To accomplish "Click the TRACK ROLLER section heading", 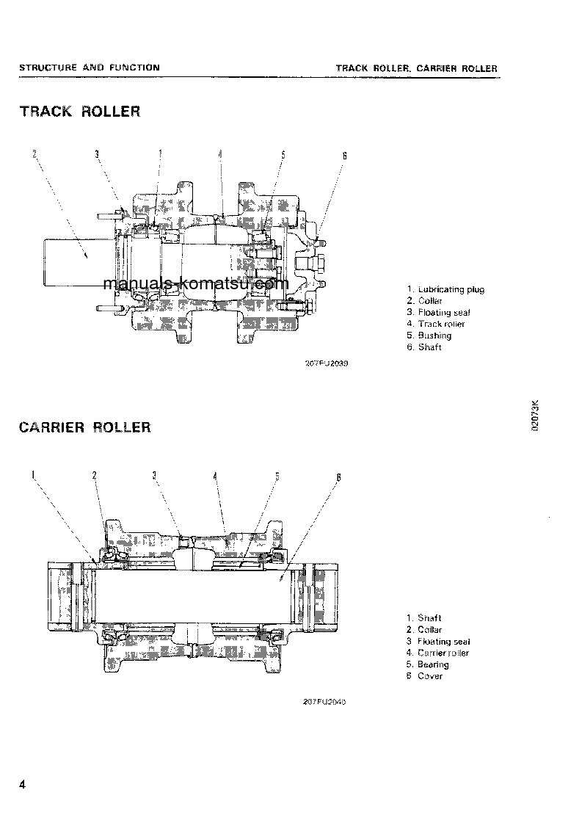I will tap(79, 112).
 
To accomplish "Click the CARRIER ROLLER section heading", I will tap(84, 427).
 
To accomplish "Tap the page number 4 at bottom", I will tap(23, 786).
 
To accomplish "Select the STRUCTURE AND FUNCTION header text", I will tap(89, 68).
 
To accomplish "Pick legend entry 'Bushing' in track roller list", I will tap(434, 336).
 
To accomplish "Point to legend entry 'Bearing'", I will tap(432, 664).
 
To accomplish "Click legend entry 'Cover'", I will tap(429, 676).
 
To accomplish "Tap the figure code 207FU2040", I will tap(323, 702).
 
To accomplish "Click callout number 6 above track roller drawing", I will tap(344, 156).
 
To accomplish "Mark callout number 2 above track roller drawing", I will tap(34, 153).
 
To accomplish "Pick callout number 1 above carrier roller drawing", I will tap(33, 474).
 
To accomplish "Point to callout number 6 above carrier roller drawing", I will tap(338, 477).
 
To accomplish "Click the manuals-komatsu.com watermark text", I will tap(196, 283).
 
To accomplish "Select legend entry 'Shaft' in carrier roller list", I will tap(429, 618).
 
